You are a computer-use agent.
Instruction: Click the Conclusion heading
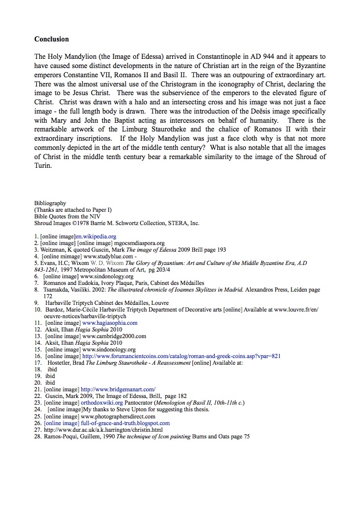point(51,39)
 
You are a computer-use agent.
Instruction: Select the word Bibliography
point(50,204)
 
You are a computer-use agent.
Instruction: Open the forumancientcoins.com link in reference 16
point(181,357)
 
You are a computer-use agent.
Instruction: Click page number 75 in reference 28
point(246,436)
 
